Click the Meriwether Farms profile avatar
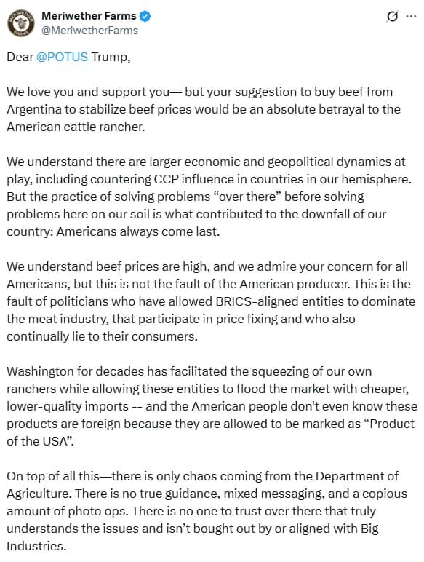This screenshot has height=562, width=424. click(21, 23)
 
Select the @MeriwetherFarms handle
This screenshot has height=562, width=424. click(90, 31)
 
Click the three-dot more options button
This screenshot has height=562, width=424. click(412, 16)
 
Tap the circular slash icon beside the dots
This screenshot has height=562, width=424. click(392, 16)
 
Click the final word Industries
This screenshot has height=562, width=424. click(36, 546)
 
